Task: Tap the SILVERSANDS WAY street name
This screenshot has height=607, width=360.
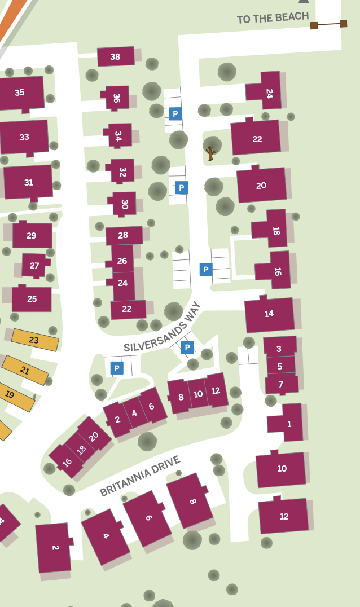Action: [163, 327]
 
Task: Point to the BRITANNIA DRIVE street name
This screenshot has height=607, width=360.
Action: [140, 476]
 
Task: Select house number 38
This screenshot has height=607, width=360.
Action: [116, 56]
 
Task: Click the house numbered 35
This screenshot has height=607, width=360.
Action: [20, 93]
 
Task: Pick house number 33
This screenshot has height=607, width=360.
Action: [24, 137]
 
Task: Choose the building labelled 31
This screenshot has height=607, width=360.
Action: [28, 182]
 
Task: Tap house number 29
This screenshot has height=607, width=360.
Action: [32, 235]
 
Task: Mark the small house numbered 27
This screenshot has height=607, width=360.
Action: [34, 265]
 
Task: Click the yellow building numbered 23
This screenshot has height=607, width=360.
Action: [34, 340]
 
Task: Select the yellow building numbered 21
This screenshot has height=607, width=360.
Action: [25, 370]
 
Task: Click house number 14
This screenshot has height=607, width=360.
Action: [269, 314]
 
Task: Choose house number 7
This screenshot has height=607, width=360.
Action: [281, 385]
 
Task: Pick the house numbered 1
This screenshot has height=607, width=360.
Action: [289, 423]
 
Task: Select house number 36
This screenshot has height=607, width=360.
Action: [117, 98]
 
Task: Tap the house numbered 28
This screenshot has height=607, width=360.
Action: [124, 235]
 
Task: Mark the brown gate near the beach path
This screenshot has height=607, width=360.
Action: [328, 24]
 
